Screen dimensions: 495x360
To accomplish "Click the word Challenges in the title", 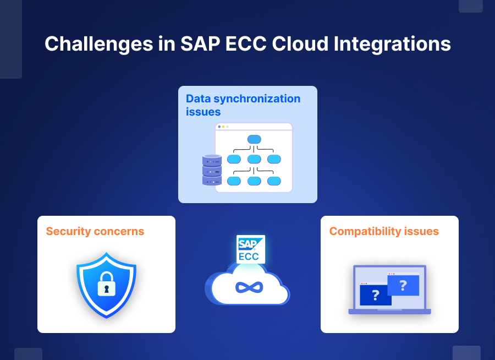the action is [99, 44].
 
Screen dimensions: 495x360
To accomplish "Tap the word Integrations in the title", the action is [392, 44].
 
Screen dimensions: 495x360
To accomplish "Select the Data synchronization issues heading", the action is [243, 105].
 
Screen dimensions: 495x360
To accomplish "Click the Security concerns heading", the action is [95, 231].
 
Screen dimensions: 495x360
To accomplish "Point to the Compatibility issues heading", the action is [384, 232].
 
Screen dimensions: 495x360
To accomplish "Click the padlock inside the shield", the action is [106, 284].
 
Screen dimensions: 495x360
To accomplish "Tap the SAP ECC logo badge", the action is [251, 249].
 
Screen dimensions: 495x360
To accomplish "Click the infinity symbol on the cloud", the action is [249, 287].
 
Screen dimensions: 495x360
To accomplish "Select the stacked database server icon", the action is [212, 170].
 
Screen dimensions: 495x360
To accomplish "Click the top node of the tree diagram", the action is [254, 139].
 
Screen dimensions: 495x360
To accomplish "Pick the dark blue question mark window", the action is [376, 294].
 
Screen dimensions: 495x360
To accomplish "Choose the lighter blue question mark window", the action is [403, 285].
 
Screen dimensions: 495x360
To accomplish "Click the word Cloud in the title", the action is [300, 43].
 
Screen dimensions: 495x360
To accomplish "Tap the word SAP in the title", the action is [200, 43].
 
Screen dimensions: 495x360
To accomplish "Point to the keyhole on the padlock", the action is [106, 289].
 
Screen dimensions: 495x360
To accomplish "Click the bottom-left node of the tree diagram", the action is [234, 181].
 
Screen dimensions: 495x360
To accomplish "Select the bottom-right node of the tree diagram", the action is [274, 181].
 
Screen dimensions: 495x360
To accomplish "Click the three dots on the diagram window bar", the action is [223, 127].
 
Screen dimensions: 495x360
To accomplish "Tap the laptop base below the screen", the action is [389, 312].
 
